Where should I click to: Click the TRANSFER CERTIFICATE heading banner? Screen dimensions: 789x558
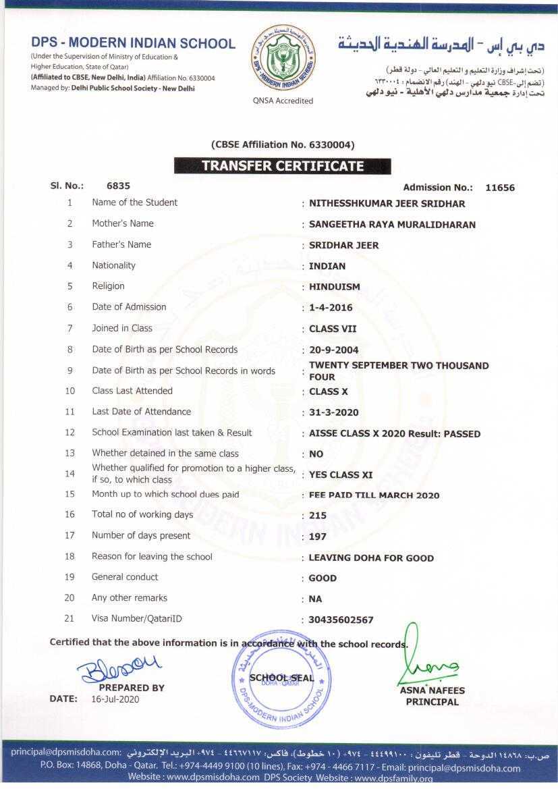(282, 166)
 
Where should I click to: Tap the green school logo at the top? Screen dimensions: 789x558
(282, 59)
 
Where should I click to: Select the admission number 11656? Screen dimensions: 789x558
(499, 188)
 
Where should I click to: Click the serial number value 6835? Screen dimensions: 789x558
(118, 185)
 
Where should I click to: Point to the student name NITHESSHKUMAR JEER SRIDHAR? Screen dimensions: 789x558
(387, 203)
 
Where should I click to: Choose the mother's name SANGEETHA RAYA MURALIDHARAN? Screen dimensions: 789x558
(392, 225)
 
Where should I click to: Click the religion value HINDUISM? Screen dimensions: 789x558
(334, 287)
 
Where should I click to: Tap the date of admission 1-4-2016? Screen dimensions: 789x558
(331, 308)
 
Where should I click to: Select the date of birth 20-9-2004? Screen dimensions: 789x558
(333, 350)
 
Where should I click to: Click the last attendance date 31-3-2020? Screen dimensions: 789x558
(333, 412)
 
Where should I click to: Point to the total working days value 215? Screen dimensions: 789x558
(317, 516)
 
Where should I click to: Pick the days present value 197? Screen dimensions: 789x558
(317, 537)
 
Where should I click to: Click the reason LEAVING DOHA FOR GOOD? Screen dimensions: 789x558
(371, 558)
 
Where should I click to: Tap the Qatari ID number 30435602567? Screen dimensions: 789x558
(341, 620)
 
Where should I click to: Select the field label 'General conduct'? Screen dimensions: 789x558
(125, 577)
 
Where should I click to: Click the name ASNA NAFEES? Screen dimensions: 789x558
(432, 690)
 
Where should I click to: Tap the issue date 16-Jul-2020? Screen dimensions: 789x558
(115, 699)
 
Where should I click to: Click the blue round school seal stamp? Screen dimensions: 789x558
(282, 678)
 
